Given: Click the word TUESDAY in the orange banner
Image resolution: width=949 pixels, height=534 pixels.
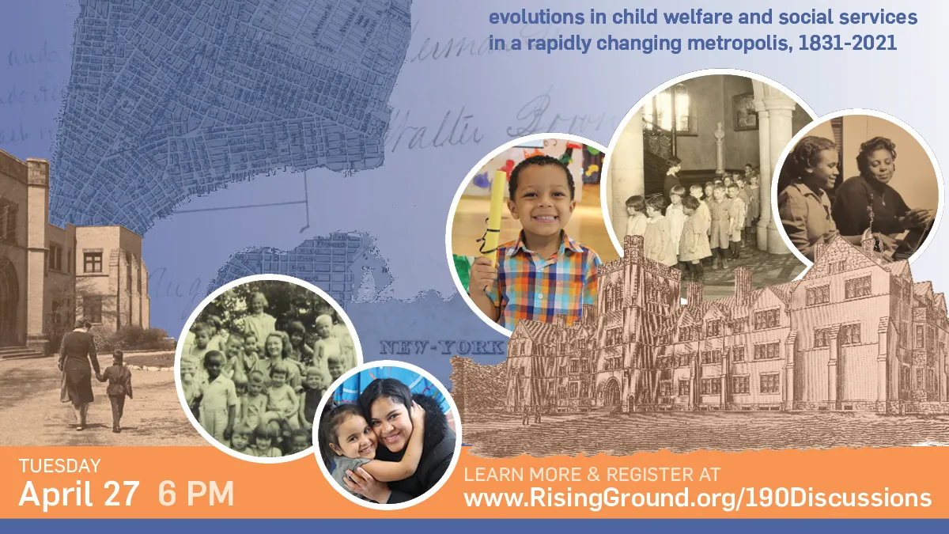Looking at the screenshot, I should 59,466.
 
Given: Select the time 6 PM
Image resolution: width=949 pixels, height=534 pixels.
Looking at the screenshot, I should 196,494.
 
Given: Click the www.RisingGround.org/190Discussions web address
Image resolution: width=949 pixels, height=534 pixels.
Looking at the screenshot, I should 697,498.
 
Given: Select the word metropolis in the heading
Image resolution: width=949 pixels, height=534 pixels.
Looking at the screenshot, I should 728,43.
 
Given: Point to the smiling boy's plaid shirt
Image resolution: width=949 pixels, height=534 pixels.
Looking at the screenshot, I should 546,281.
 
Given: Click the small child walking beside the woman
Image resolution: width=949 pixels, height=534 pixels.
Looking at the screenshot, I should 118,388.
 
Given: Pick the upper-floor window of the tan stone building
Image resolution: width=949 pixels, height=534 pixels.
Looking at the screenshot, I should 93,260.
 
